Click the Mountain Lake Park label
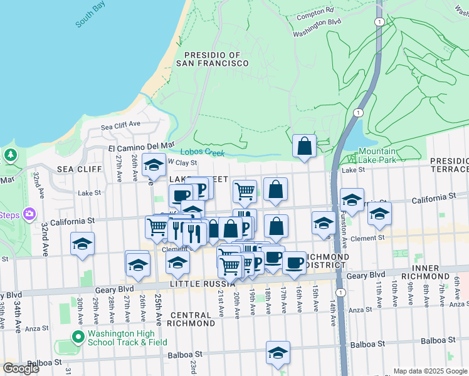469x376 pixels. tap(377, 155)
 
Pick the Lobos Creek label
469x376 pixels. tap(202, 152)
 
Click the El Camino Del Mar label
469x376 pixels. tap(141, 145)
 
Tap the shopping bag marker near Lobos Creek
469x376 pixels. tap(304, 147)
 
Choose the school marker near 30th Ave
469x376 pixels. tap(82, 244)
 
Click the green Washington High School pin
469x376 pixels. tap(78, 338)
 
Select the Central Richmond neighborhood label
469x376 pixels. tap(192, 318)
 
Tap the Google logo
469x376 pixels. tap(21, 368)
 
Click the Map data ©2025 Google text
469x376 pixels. tap(429, 371)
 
